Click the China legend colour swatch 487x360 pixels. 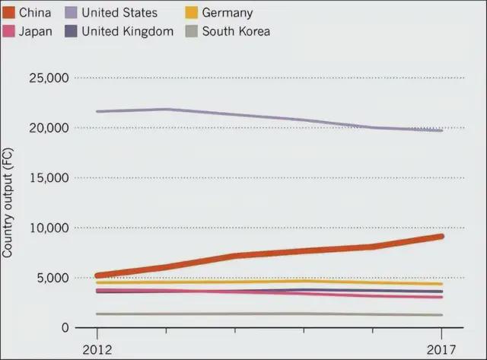pyautogui.click(x=9, y=13)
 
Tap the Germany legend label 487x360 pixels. pyautogui.click(x=227, y=13)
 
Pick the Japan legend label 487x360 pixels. pyautogui.click(x=35, y=31)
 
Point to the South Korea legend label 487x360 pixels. pyautogui.click(x=235, y=31)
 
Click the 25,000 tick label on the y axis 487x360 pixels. pyautogui.click(x=49, y=78)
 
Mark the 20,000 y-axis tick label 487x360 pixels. pyautogui.click(x=49, y=128)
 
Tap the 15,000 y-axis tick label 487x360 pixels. pyautogui.click(x=49, y=178)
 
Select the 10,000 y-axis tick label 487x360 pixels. pyautogui.click(x=49, y=228)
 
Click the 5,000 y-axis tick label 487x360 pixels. pyautogui.click(x=52, y=278)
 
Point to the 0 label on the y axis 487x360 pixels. pyautogui.click(x=65, y=328)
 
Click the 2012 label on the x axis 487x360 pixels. pyautogui.click(x=96, y=349)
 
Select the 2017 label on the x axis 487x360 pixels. pyautogui.click(x=441, y=349)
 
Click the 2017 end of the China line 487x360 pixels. pyautogui.click(x=441, y=236)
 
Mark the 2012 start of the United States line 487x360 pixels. pyautogui.click(x=97, y=112)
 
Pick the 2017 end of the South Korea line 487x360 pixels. pyautogui.click(x=441, y=315)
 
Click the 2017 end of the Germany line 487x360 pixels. pyautogui.click(x=441, y=284)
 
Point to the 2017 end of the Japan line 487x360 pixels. pyautogui.click(x=441, y=297)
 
